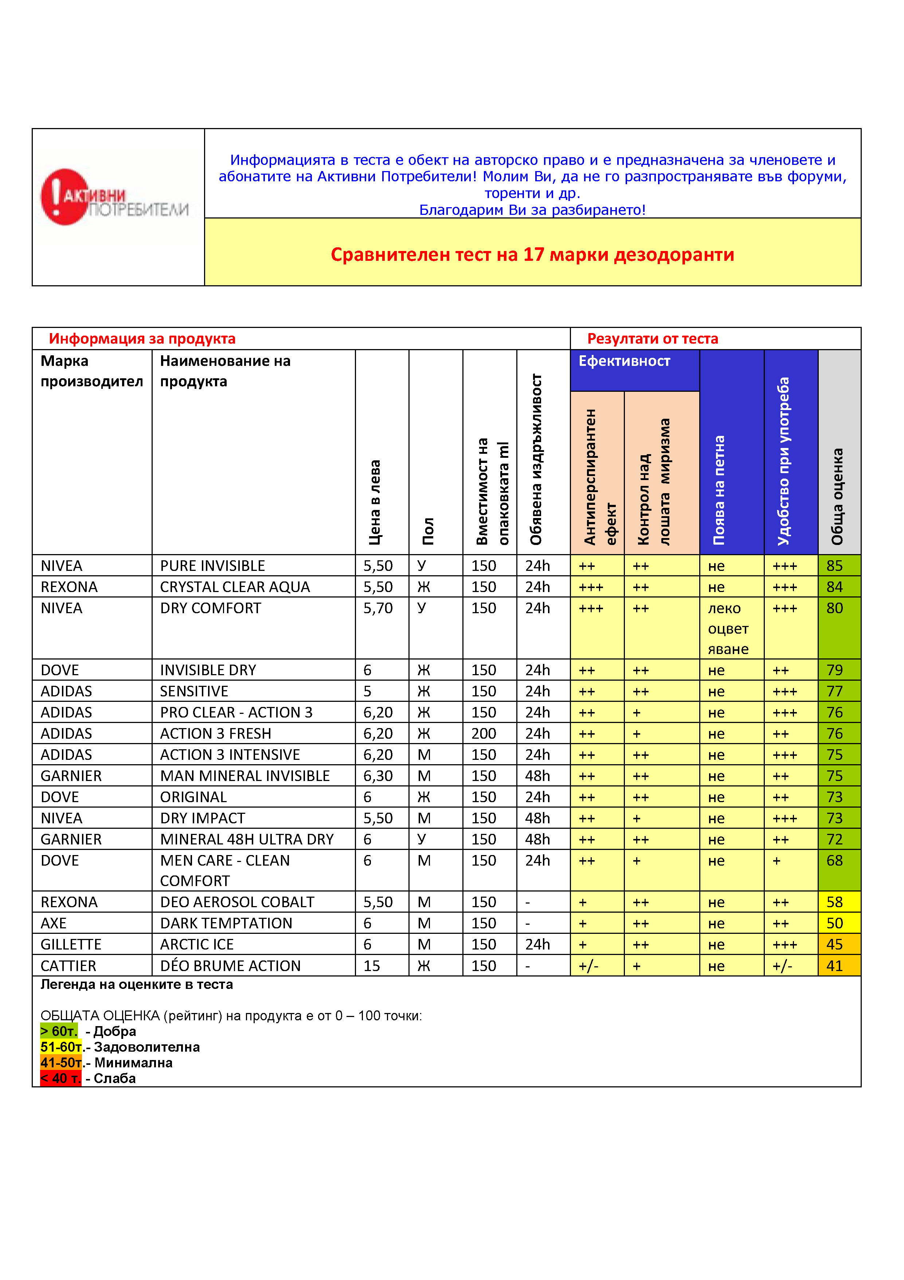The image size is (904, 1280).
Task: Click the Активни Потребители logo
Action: tap(114, 198)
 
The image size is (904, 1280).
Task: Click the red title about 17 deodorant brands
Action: tap(532, 255)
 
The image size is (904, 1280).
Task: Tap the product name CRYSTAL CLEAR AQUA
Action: tap(235, 587)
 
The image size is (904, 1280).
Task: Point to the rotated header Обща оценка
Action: tap(837, 496)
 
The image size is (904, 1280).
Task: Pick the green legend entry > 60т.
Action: tap(59, 1031)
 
